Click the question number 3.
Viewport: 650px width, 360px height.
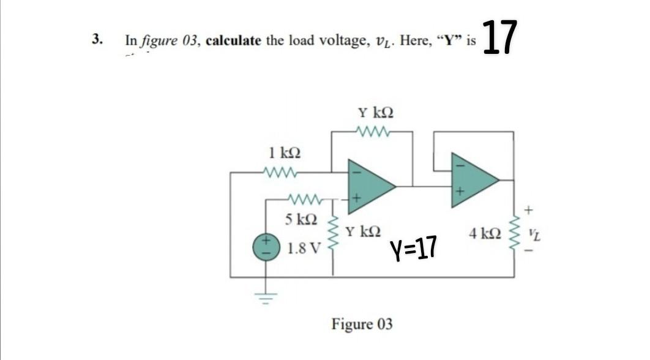click(96, 40)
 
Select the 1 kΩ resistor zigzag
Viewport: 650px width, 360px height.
click(279, 173)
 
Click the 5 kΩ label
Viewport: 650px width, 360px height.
click(301, 219)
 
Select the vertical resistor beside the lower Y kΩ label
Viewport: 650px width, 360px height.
click(334, 236)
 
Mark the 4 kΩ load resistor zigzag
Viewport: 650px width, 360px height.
click(515, 233)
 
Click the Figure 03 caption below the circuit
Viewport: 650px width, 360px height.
click(362, 323)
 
